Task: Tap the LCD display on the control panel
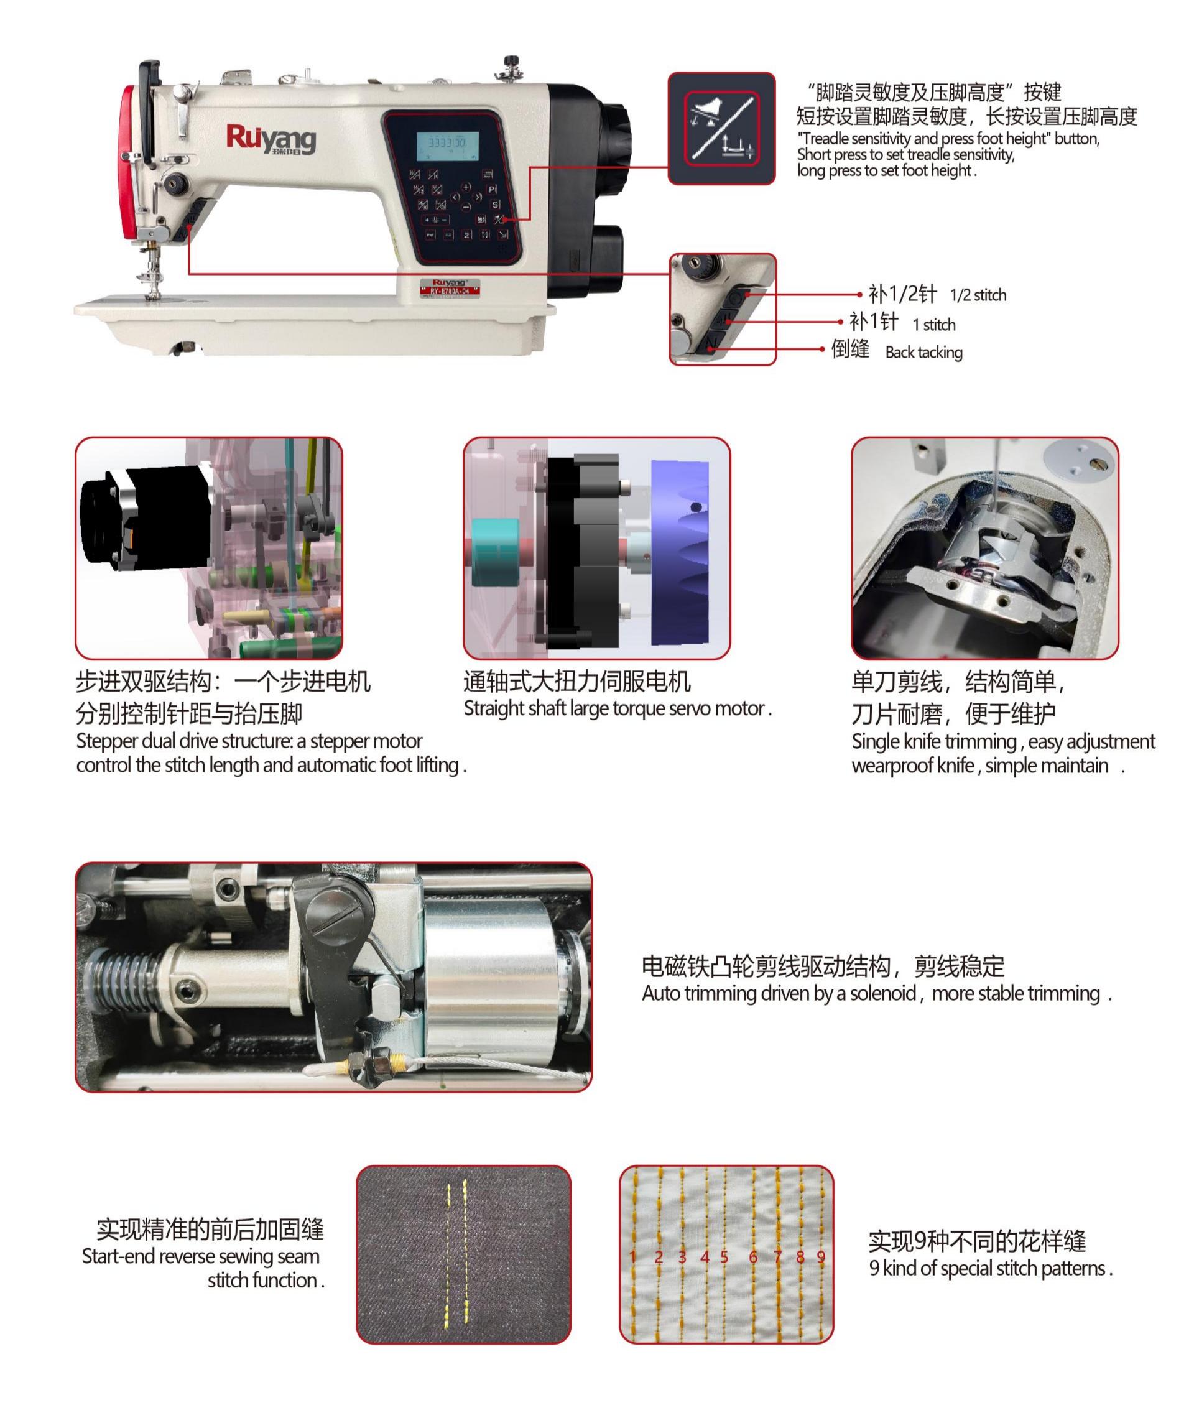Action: click(447, 144)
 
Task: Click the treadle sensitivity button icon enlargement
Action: click(721, 129)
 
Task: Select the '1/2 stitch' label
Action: click(978, 295)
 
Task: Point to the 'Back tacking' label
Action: click(923, 352)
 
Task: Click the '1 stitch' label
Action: click(934, 325)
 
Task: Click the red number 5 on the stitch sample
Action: click(724, 1257)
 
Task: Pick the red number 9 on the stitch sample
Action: click(821, 1257)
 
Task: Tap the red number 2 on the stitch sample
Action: click(659, 1257)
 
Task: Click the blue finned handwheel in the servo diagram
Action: click(680, 552)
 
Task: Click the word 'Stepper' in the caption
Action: click(102, 741)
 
